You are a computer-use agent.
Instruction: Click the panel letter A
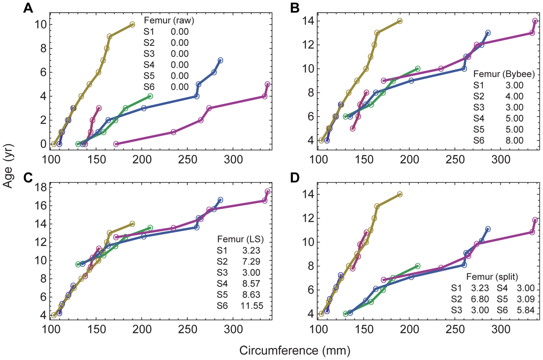(29, 9)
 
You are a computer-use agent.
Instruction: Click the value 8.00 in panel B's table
(514, 140)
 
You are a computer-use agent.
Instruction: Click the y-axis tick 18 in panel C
(40, 187)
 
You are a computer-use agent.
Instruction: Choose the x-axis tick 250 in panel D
(456, 327)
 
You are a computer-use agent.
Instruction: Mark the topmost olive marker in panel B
(400, 21)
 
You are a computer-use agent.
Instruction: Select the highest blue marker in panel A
(220, 60)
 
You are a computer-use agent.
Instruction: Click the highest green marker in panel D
(417, 266)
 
